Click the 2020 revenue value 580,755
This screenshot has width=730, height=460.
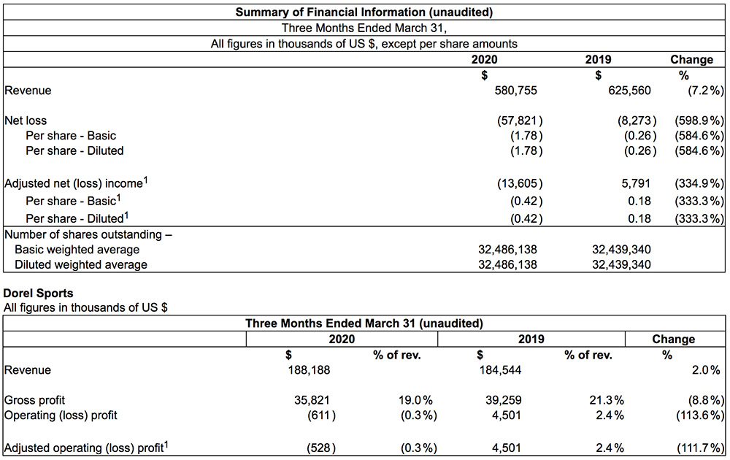tap(515, 91)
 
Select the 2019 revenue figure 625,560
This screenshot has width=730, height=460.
tap(629, 91)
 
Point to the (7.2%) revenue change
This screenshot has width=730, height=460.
tap(706, 91)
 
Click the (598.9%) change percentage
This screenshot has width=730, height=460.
tap(699, 120)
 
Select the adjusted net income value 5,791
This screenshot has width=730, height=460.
tap(636, 183)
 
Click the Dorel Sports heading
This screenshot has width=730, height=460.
tap(38, 294)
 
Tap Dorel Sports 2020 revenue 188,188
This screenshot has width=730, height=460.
tap(309, 370)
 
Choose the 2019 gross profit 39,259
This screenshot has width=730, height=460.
tap(501, 400)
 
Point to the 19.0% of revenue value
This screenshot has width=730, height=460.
tap(415, 400)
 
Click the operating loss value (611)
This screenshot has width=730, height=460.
tap(321, 415)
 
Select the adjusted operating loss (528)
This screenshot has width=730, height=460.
tap(321, 448)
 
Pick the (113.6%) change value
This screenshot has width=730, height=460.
tap(700, 415)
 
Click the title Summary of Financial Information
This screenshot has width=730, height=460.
tap(364, 12)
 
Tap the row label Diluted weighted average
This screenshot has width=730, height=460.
tap(81, 264)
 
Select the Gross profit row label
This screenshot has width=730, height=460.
tap(34, 400)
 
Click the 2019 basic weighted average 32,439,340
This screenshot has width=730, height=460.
tap(621, 250)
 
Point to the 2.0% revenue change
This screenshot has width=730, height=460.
tap(706, 370)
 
